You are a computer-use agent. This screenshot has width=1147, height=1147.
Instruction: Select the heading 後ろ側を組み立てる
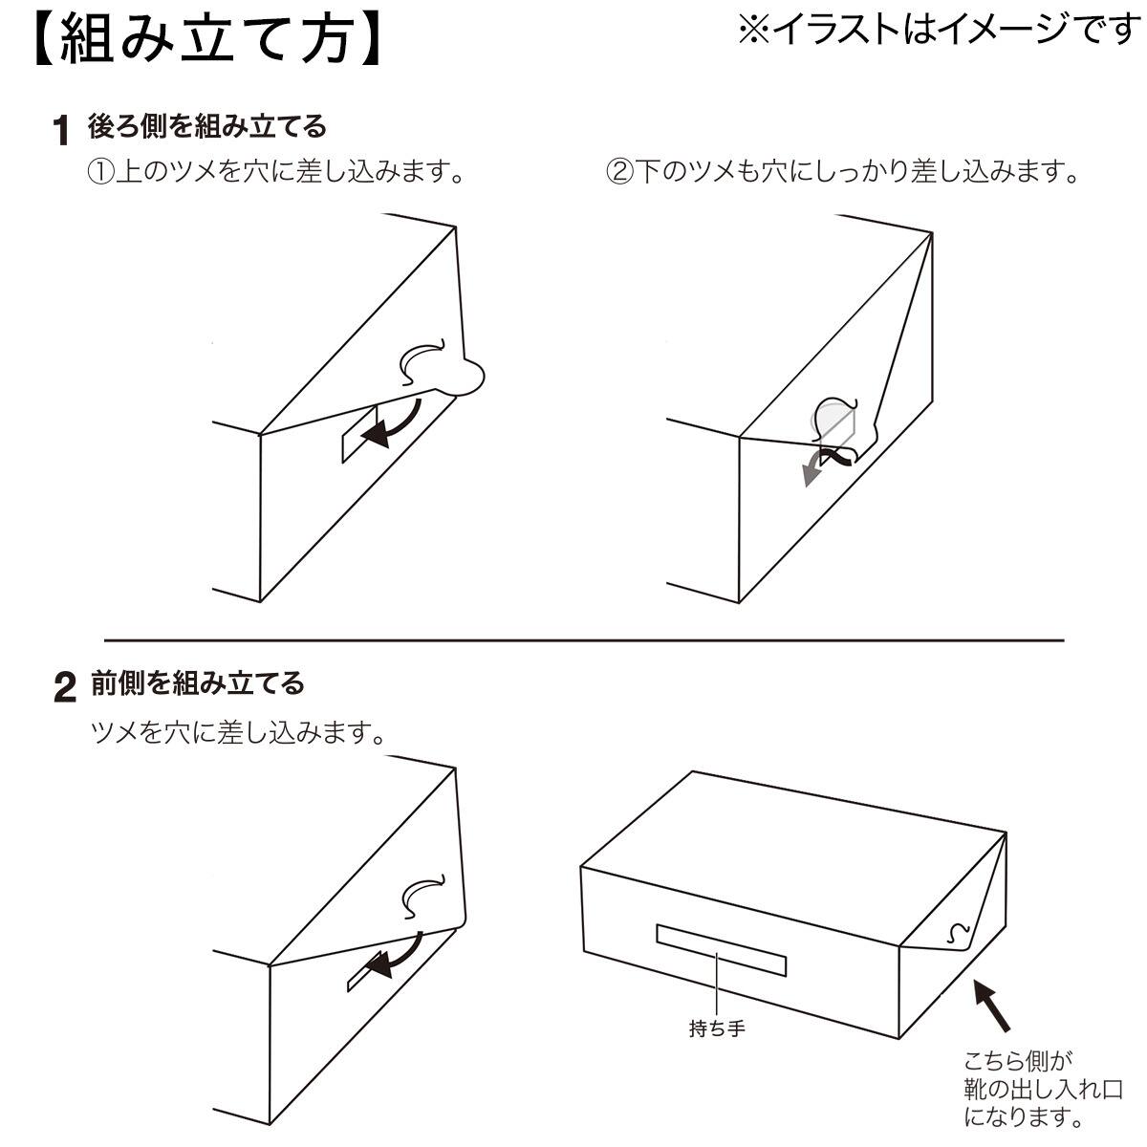207,125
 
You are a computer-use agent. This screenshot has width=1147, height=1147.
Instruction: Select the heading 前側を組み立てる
198,682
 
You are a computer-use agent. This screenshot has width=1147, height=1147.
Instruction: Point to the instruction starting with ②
843,173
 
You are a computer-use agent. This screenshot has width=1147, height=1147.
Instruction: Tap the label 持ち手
717,1029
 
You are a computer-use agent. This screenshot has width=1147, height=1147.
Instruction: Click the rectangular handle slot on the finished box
720,950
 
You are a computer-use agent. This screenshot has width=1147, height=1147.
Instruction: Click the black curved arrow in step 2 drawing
393,952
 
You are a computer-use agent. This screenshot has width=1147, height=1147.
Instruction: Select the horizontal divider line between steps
583,639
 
